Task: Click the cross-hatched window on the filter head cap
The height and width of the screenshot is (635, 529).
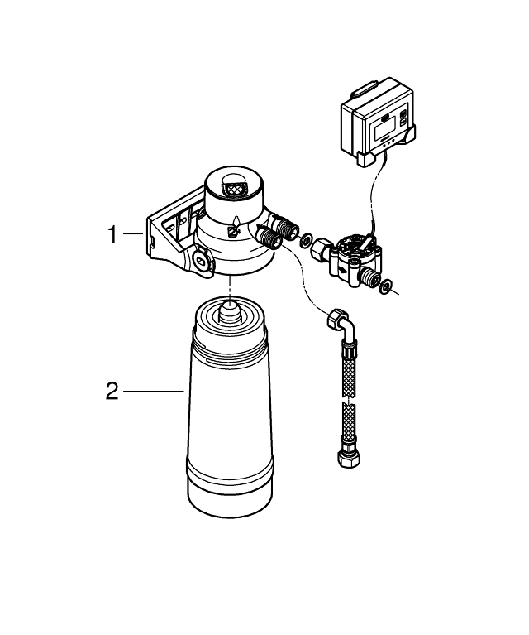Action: (234, 188)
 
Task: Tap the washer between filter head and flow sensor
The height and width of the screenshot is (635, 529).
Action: (306, 241)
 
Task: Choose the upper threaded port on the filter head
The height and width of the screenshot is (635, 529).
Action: (285, 226)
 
